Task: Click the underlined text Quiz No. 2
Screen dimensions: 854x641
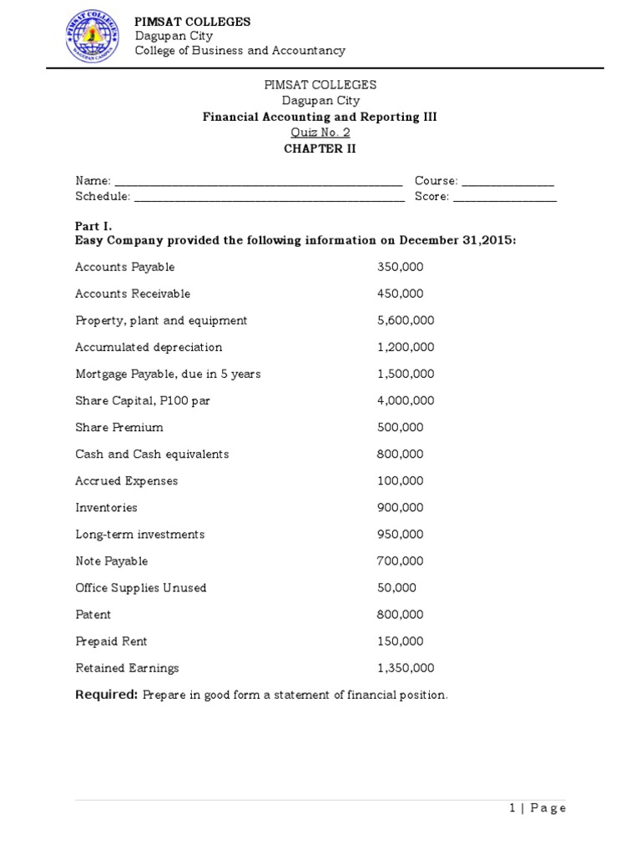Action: tap(320, 133)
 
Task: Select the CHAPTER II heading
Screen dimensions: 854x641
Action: tap(320, 148)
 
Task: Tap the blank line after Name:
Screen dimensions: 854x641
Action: tap(258, 182)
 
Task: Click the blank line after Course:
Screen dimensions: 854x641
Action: tap(507, 182)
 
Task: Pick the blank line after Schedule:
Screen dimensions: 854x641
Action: tap(269, 198)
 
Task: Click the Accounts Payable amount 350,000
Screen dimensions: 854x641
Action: tap(401, 267)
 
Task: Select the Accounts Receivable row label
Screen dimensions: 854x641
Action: tap(133, 294)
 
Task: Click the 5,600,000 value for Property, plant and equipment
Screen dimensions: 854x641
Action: tap(406, 320)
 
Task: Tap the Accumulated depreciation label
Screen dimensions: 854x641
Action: tap(149, 347)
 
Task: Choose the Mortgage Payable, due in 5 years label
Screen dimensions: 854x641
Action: tap(168, 374)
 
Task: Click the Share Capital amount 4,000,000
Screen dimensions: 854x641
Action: tap(406, 400)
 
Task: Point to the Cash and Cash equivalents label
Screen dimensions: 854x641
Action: tap(152, 454)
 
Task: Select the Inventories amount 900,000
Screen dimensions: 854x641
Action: tap(401, 507)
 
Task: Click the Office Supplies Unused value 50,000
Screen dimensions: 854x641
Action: tap(397, 587)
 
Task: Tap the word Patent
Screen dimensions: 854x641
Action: tap(93, 614)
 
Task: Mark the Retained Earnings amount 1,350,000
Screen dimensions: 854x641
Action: tap(406, 668)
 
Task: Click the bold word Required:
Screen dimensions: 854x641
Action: tap(106, 695)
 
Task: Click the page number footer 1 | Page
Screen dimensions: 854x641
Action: tap(537, 807)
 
